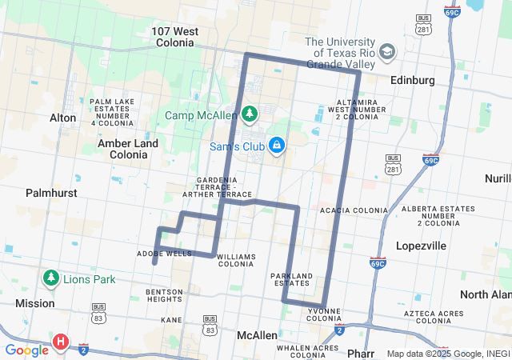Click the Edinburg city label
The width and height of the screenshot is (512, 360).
(412, 80)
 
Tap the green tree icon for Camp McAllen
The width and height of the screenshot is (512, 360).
(250, 114)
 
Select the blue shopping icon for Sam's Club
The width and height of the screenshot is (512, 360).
(276, 145)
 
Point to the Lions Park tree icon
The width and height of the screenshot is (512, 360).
(51, 278)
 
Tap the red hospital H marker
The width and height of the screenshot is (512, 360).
(60, 343)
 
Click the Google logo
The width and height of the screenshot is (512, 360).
(26, 350)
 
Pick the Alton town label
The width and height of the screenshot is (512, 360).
(63, 118)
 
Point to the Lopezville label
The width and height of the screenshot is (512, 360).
(421, 246)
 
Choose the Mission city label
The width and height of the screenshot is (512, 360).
(35, 303)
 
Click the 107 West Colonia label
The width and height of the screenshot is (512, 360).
(175, 38)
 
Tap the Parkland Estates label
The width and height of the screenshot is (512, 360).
(291, 280)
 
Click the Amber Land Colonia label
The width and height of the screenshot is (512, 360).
(128, 148)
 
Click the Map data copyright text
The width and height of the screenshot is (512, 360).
(447, 354)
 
